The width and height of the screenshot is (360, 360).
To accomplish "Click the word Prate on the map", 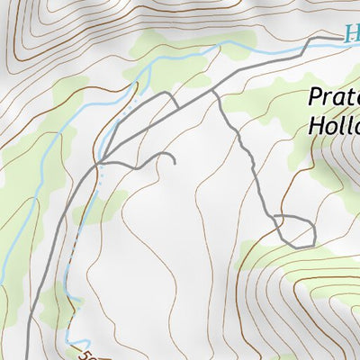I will pos(334,98).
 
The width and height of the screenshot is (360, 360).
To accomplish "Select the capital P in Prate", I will pos(315,98).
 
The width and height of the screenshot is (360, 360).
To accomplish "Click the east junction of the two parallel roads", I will pos(213,90).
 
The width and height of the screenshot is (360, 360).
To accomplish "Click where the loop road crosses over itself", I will pos(274,220).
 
